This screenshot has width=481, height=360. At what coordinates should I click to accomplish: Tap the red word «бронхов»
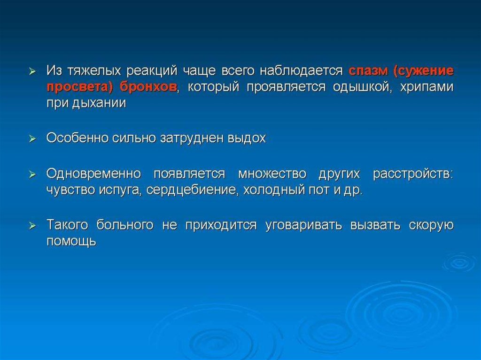[148, 87]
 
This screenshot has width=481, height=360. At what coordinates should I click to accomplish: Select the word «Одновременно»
[94, 174]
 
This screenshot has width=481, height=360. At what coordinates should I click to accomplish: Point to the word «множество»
[272, 174]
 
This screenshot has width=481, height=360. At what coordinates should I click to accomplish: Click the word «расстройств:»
[413, 174]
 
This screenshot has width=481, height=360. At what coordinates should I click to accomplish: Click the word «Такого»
[68, 225]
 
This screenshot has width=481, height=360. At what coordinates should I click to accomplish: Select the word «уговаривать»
[303, 225]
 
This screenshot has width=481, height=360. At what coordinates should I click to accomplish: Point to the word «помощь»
[71, 241]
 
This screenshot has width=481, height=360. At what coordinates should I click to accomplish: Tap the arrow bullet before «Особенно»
[32, 139]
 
